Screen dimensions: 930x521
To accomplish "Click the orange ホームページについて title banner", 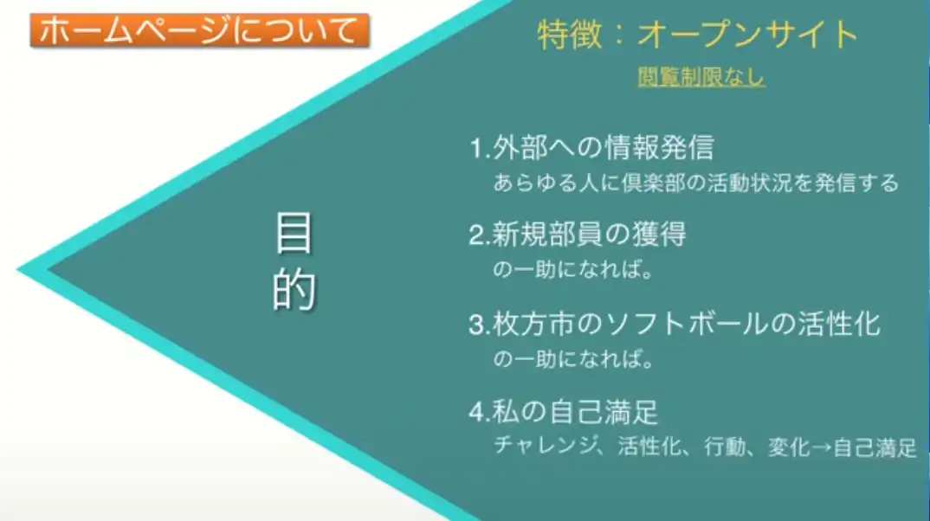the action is pos(199,30).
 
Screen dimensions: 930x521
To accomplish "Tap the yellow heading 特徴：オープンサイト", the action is pos(698,35).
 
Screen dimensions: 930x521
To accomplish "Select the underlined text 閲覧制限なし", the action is pos(701,77).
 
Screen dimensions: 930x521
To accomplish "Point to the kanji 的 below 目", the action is pos(294,289).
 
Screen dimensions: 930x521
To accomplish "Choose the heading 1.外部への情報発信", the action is pos(591,148).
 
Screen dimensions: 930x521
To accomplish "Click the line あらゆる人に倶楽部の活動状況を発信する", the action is pos(696,183).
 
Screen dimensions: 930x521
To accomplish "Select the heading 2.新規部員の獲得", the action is pos(577,235).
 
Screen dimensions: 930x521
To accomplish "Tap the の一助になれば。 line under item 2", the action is pos(573,270).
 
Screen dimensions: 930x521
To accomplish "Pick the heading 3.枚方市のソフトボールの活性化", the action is pos(675,324).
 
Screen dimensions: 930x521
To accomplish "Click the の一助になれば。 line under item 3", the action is pos(573,358).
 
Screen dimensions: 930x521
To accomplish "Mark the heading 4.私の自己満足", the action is pos(564,412).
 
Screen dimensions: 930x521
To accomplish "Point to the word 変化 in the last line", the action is pos(789,447).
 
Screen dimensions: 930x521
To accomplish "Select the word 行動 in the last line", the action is pos(725,447).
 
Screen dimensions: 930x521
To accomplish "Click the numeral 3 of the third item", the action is pos(476,325).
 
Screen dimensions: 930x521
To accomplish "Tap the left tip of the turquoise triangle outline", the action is pos(18,270).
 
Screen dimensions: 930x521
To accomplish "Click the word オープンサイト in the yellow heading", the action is pos(748,35).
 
